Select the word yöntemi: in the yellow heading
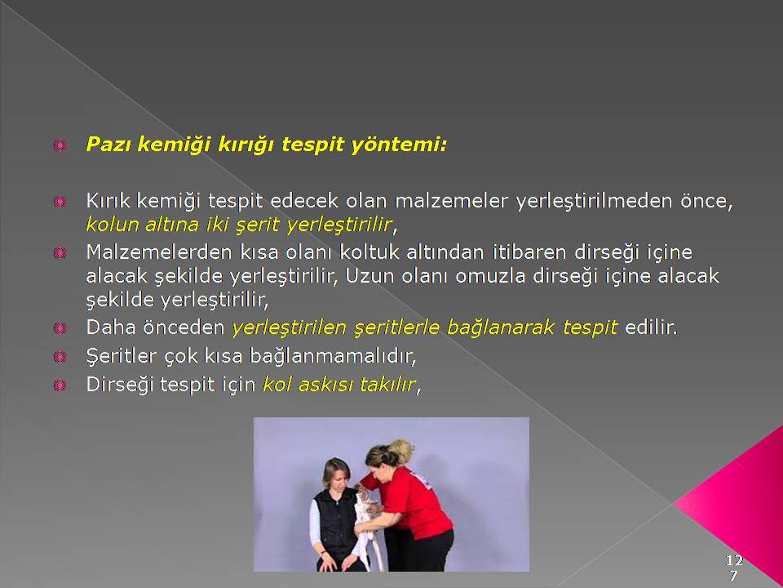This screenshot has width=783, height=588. coord(399,145)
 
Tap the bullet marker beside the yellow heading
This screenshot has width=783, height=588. coord(60,145)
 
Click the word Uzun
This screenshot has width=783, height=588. coord(366,276)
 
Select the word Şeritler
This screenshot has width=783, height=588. coord(122,355)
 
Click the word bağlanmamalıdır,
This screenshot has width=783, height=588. coord(333,355)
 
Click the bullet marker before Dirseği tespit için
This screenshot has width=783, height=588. coord(60,385)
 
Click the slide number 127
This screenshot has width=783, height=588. coord(734,567)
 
